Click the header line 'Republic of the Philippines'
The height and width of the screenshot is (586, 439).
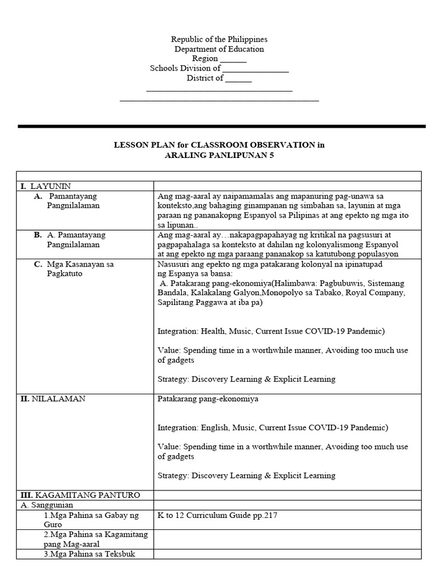[219, 39]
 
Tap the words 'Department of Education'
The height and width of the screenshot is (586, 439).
[219, 49]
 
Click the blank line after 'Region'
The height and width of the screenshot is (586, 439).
[233, 59]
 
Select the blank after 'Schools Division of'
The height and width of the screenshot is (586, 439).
[256, 69]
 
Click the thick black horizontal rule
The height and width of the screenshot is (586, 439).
[221, 126]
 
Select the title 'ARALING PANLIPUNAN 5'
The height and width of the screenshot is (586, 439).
[219, 155]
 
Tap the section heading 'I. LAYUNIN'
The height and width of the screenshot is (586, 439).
[45, 186]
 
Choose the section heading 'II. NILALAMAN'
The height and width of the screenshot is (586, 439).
[53, 399]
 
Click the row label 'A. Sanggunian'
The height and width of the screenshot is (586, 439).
[46, 505]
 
